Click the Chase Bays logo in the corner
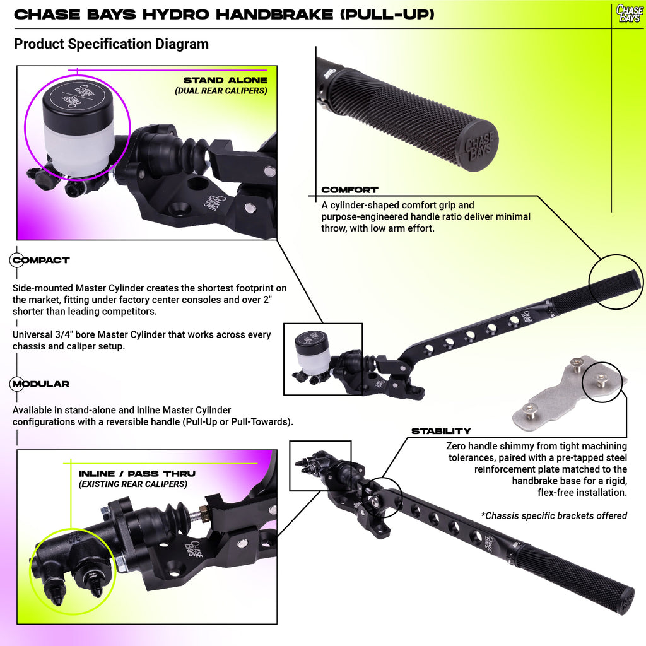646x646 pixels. tap(630, 13)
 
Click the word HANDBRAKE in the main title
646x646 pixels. tap(274, 15)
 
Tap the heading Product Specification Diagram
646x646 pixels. tap(111, 44)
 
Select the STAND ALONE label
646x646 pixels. tap(225, 80)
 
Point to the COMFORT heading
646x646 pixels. tap(349, 190)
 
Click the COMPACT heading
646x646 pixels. tap(41, 260)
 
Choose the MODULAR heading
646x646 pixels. tap(41, 384)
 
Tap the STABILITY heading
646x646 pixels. tap(441, 431)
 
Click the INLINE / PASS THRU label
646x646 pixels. tap(137, 474)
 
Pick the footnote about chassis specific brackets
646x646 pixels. tap(554, 515)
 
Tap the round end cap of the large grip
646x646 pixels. tap(478, 146)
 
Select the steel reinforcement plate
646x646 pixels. tap(569, 395)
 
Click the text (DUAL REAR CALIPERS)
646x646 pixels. tap(221, 91)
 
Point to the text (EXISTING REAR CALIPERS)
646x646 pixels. tap(133, 484)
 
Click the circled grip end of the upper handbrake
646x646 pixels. tap(616, 282)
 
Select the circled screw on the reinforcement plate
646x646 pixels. tap(601, 379)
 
